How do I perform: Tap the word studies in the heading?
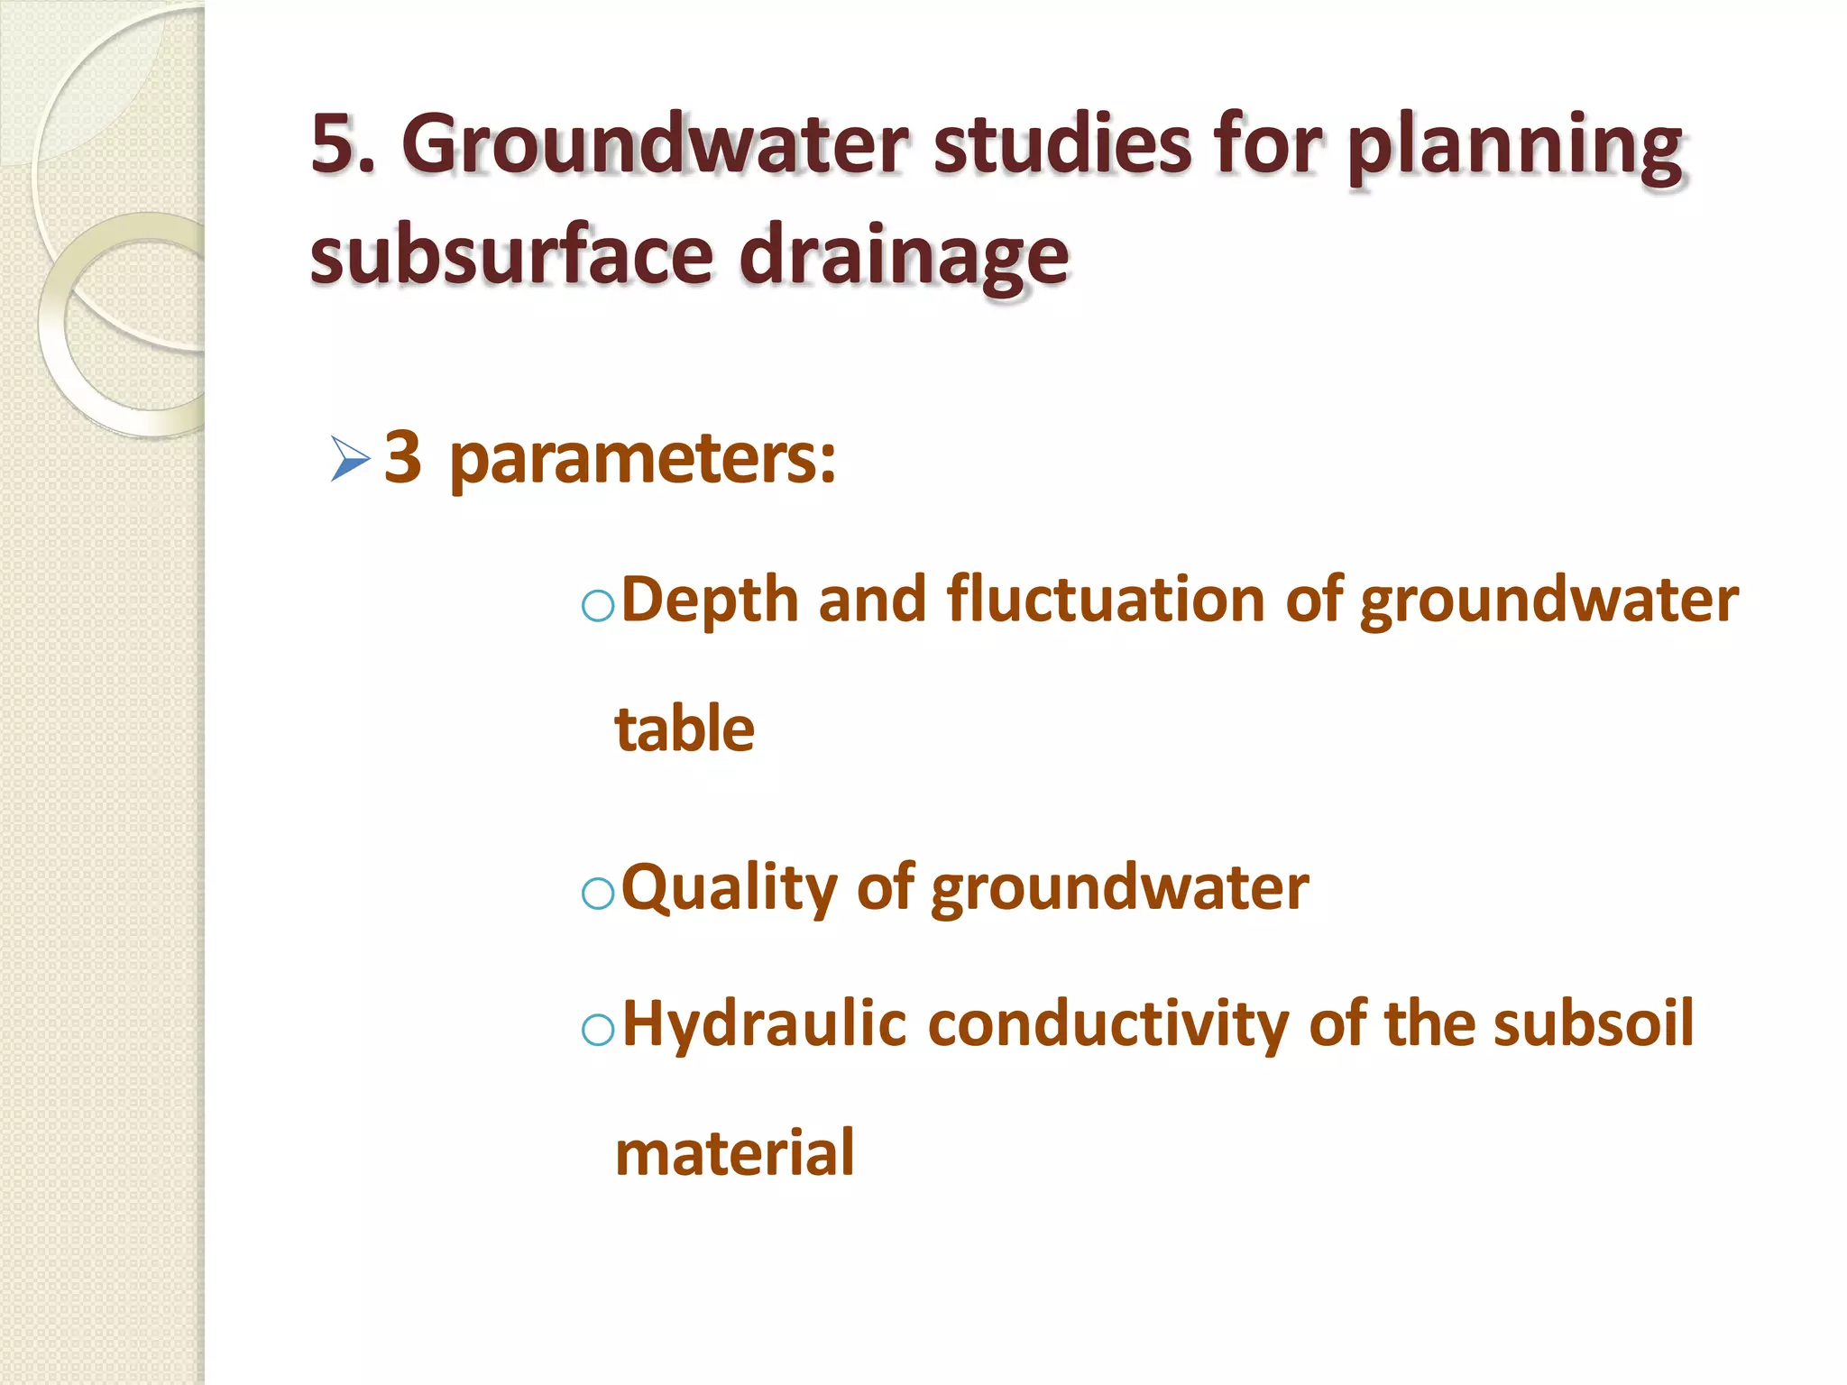pyautogui.click(x=1061, y=144)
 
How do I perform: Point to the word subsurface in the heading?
pyautogui.click(x=512, y=255)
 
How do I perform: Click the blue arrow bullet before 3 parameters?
pyautogui.click(x=350, y=459)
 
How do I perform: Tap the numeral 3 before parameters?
pyautogui.click(x=402, y=456)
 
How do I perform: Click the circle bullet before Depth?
pyautogui.click(x=598, y=606)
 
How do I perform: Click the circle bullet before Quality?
pyautogui.click(x=598, y=894)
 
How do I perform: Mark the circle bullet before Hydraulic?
pyautogui.click(x=598, y=1029)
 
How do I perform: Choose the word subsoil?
pyautogui.click(x=1593, y=1024)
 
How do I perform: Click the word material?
pyautogui.click(x=734, y=1153)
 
